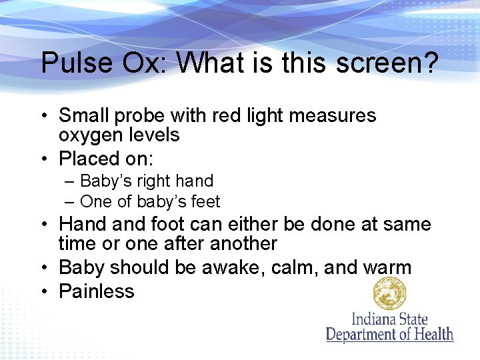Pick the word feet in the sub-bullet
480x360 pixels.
[x=204, y=201]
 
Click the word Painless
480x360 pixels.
[x=97, y=291]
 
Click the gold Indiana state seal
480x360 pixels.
[x=390, y=293]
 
